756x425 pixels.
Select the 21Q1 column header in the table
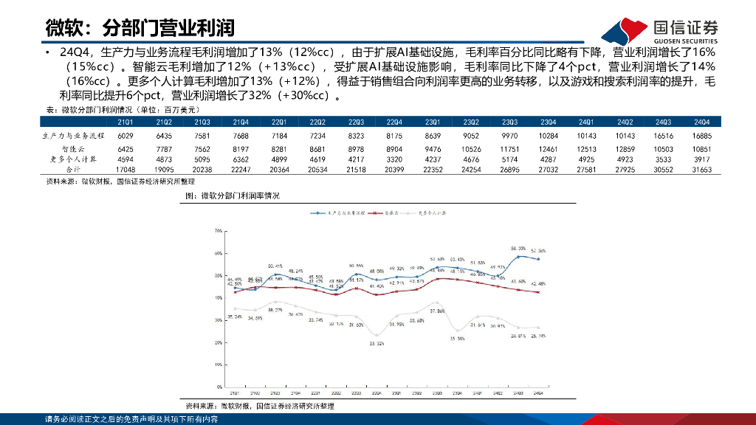pyautogui.click(x=126, y=122)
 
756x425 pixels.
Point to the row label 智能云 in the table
pyautogui.click(x=75, y=149)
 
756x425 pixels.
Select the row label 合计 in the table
pyautogui.click(x=75, y=169)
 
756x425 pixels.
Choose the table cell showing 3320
pyautogui.click(x=394, y=159)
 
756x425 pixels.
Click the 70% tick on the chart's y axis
pyautogui.click(x=218, y=231)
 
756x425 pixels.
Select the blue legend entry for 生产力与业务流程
pyautogui.click(x=336, y=212)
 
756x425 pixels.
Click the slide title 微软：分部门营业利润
pyautogui.click(x=140, y=28)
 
